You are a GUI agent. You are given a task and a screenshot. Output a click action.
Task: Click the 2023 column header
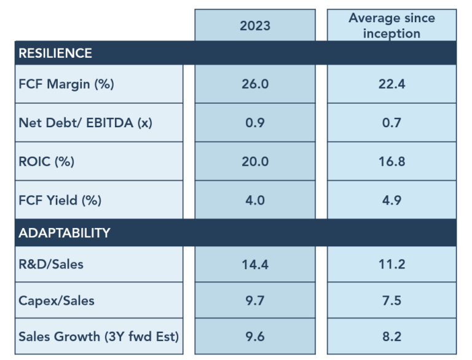tap(255, 26)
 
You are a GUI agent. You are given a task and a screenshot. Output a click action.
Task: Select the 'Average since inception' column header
tap(391, 25)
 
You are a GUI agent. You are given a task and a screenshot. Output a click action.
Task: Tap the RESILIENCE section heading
tap(55, 53)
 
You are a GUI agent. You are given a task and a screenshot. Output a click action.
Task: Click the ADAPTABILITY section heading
tap(65, 233)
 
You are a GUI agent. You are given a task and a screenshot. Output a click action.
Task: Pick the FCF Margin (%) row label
tap(66, 84)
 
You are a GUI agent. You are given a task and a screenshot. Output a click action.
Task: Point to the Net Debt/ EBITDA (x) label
tap(85, 122)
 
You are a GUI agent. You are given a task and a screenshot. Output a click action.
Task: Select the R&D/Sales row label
tap(51, 265)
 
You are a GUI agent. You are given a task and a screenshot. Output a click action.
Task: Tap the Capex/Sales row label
tap(57, 300)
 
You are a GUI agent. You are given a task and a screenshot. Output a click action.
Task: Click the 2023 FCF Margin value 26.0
tap(255, 84)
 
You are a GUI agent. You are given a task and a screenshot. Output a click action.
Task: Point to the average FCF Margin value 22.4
tap(391, 84)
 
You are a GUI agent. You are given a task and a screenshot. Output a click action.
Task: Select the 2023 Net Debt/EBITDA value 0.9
tap(255, 122)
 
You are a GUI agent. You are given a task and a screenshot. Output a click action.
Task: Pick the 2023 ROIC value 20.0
tap(255, 162)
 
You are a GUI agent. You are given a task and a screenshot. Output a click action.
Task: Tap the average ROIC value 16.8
tap(391, 162)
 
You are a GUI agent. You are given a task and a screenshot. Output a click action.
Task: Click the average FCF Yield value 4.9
tap(391, 200)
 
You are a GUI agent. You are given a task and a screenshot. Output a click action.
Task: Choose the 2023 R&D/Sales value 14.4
tap(255, 265)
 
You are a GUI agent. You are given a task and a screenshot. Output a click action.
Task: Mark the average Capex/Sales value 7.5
tap(391, 300)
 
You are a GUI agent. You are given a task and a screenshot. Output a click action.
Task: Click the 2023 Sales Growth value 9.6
tap(255, 336)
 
